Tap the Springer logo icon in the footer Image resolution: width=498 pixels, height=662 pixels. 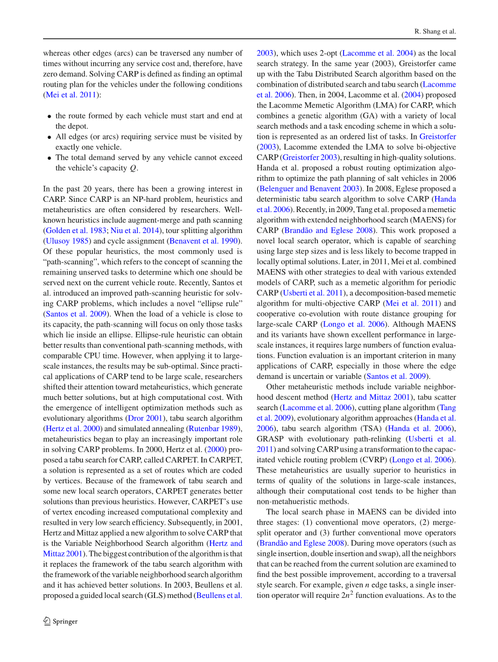47,621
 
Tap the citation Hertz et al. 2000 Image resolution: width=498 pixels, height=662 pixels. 74,428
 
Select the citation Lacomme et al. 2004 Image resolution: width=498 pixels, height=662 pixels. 378,53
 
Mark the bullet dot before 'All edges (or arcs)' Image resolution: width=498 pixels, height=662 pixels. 50,137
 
